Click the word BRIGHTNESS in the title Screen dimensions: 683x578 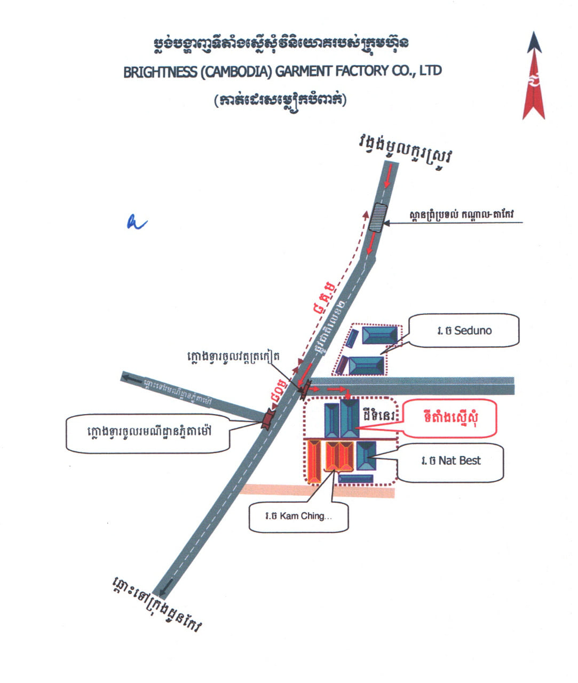(160, 72)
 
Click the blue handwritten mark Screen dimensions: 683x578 (136, 222)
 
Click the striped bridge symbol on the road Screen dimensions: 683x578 (378, 217)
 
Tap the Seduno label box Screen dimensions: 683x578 (463, 330)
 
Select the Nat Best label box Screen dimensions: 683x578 (450, 462)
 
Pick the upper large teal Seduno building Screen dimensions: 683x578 (379, 335)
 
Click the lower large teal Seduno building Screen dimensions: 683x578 (366, 366)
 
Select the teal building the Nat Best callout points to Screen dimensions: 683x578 (366, 455)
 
